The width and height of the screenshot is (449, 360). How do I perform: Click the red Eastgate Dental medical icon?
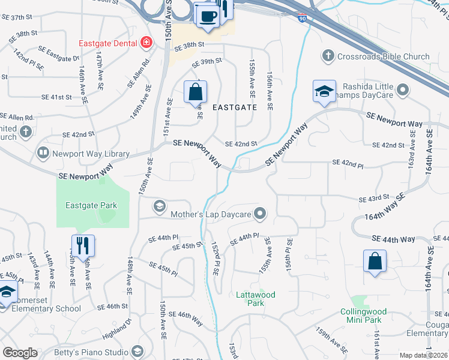click(x=146, y=43)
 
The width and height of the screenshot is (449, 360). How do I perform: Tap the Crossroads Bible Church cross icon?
click(x=328, y=56)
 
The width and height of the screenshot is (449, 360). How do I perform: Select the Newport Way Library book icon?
click(x=43, y=154)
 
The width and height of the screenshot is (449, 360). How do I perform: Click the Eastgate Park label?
click(x=91, y=205)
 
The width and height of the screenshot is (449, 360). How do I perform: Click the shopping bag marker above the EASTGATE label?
click(x=195, y=93)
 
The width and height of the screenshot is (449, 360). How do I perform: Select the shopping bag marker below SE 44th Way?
click(x=375, y=262)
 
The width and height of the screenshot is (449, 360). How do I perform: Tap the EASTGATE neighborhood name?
click(x=235, y=107)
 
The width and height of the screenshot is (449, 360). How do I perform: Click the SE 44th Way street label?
click(x=393, y=239)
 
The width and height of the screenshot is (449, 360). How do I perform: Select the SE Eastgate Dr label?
click(x=59, y=53)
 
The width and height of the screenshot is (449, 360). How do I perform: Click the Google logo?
click(x=20, y=352)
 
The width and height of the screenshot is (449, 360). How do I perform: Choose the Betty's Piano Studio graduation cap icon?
click(x=137, y=352)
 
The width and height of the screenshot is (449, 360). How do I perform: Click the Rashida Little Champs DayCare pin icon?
click(x=402, y=90)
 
